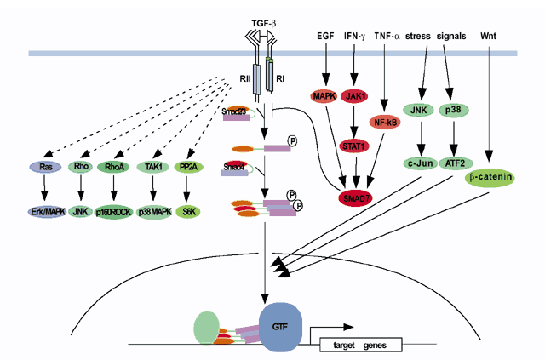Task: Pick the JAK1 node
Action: [356, 96]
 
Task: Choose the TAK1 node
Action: [155, 168]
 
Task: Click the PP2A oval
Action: [189, 168]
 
